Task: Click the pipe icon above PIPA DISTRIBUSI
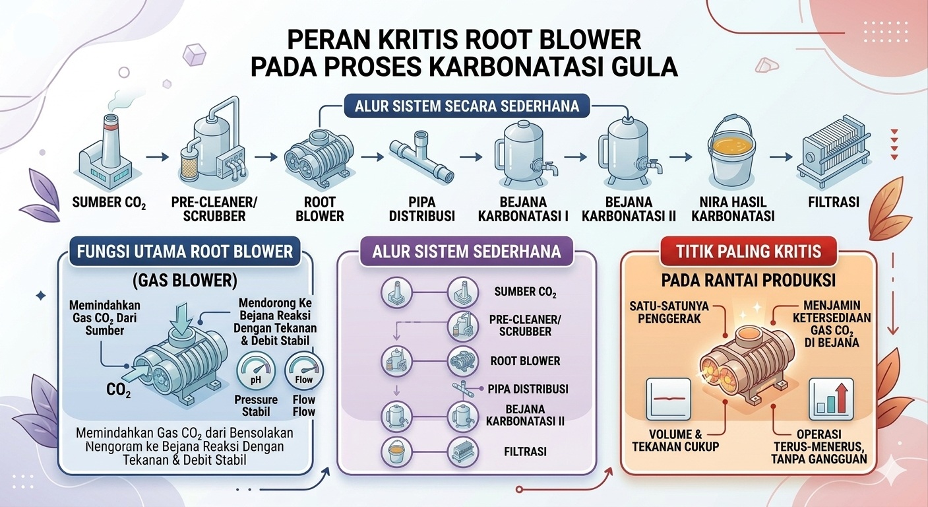419,158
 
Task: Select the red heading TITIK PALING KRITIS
749,252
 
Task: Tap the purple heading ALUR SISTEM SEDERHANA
466,252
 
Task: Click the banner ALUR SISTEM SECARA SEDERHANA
466,106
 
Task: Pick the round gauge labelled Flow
304,372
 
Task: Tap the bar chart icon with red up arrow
830,399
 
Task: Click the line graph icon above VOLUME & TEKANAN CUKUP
669,399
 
